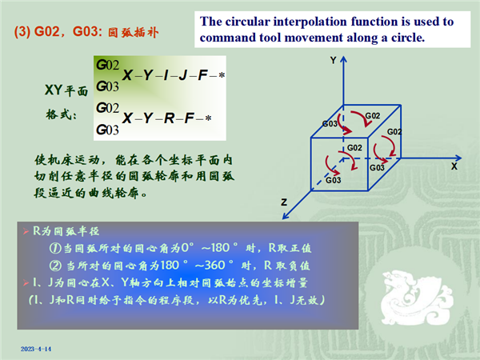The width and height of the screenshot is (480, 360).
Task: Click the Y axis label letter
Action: pyautogui.click(x=334, y=60)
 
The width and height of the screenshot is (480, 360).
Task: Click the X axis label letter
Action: pyautogui.click(x=454, y=166)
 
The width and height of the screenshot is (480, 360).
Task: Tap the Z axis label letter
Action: pyautogui.click(x=284, y=202)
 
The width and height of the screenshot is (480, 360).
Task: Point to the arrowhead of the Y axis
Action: pyautogui.click(x=344, y=59)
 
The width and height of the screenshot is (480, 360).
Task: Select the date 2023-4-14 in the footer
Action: pyautogui.click(x=36, y=349)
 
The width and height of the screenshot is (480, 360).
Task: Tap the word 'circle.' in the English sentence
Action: pyautogui.click(x=408, y=38)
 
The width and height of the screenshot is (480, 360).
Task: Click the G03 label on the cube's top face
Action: pyautogui.click(x=330, y=124)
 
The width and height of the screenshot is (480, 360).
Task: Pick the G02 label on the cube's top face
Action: pyautogui.click(x=373, y=116)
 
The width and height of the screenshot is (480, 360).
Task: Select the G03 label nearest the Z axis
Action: pyautogui.click(x=333, y=180)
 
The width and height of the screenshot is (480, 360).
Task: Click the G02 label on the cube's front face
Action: pyautogui.click(x=354, y=148)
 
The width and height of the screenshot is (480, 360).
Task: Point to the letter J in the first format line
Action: pyautogui.click(x=183, y=75)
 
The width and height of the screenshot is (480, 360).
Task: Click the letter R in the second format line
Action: pyautogui.click(x=170, y=118)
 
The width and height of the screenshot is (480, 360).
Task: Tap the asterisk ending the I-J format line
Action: pyautogui.click(x=222, y=75)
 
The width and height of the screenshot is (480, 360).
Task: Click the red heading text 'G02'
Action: pyautogui.click(x=47, y=31)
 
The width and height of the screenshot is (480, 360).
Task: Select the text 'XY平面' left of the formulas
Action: pyautogui.click(x=66, y=90)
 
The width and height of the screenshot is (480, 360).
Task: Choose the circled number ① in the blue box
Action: pyautogui.click(x=55, y=248)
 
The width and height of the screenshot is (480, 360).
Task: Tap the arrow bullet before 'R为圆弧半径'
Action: pyautogui.click(x=26, y=231)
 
